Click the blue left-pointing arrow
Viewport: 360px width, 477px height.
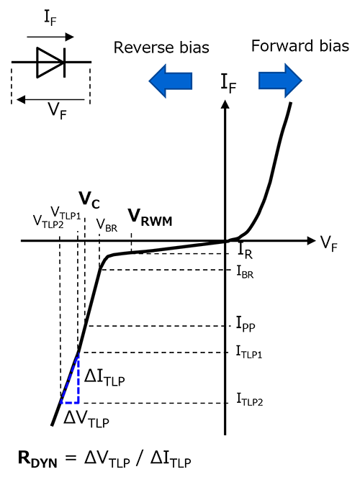coord(171,81)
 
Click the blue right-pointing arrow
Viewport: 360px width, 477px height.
coord(280,81)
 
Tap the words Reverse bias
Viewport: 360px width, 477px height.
coord(161,47)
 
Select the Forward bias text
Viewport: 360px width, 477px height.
coord(300,46)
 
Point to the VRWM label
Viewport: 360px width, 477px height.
coord(150,217)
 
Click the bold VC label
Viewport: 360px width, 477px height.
coord(89,199)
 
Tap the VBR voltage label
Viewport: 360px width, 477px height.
coord(107,225)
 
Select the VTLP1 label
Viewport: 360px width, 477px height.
coord(66,213)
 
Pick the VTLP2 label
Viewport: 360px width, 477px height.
coord(48,221)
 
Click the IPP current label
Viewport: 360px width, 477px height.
coord(246,324)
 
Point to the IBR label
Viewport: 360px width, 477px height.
coord(245,272)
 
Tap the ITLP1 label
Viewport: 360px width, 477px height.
coord(249,352)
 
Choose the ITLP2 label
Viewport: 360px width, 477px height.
coord(250,399)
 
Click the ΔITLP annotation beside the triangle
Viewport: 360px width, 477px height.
coord(104,378)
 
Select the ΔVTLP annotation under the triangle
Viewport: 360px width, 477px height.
coord(86,420)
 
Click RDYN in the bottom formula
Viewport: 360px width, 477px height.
coord(37,459)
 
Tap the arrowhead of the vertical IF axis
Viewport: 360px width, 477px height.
coord(225,104)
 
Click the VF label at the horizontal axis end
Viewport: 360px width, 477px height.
coord(328,244)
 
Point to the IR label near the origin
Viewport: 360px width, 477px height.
coord(245,251)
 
